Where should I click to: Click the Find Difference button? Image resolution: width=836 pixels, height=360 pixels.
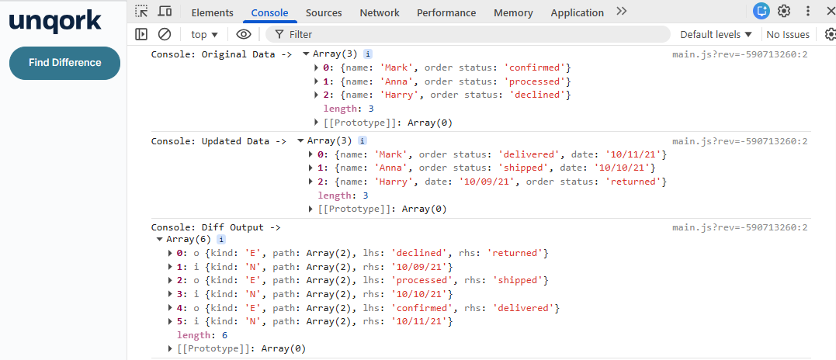tap(64, 63)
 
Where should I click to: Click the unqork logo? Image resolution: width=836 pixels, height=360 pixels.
tap(55, 21)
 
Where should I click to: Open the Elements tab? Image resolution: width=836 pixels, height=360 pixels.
tap(212, 12)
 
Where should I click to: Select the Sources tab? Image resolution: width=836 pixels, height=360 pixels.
tap(324, 12)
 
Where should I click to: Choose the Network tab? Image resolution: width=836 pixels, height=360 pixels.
tap(380, 12)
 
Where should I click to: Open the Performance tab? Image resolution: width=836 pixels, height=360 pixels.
tap(446, 12)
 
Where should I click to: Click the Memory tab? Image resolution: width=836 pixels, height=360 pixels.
tap(513, 12)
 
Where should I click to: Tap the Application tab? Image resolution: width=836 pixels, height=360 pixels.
tap(577, 12)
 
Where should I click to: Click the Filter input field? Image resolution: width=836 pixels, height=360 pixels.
tap(474, 34)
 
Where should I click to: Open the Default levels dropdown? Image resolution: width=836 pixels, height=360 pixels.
tap(716, 34)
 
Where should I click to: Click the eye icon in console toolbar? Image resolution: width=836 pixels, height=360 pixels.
tap(244, 34)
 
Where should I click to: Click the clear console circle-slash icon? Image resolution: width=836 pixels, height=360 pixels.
tap(165, 34)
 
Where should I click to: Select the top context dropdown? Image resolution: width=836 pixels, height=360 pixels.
tap(204, 34)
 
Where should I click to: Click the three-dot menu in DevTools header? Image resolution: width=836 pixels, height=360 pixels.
tap(808, 12)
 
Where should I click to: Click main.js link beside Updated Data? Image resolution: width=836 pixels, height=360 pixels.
tap(739, 141)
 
